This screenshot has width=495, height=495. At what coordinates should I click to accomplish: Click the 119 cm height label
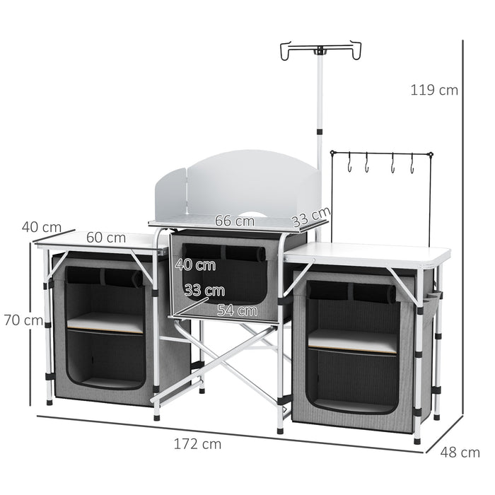pyautogui.click(x=434, y=90)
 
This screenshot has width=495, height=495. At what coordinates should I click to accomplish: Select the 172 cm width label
pyautogui.click(x=197, y=444)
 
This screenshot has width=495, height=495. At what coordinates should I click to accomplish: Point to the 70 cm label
pyautogui.click(x=23, y=320)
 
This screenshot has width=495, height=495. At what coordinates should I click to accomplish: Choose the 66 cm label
pyautogui.click(x=234, y=221)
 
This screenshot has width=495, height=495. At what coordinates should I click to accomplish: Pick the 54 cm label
pyautogui.click(x=237, y=310)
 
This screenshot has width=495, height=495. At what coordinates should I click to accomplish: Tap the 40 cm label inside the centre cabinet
pyautogui.click(x=194, y=266)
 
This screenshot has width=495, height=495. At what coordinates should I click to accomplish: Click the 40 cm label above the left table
pyautogui.click(x=41, y=227)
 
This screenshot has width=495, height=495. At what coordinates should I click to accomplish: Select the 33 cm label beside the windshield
pyautogui.click(x=311, y=215)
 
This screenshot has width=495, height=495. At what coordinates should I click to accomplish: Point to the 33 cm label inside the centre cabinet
pyautogui.click(x=204, y=290)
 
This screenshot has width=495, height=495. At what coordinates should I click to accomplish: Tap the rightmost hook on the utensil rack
pyautogui.click(x=411, y=164)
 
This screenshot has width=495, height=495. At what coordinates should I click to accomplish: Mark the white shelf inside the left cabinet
pyautogui.click(x=105, y=322)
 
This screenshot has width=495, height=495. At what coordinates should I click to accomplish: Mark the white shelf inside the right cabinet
pyautogui.click(x=352, y=340)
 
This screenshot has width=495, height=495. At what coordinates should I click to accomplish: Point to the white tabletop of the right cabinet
pyautogui.click(x=368, y=254)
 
